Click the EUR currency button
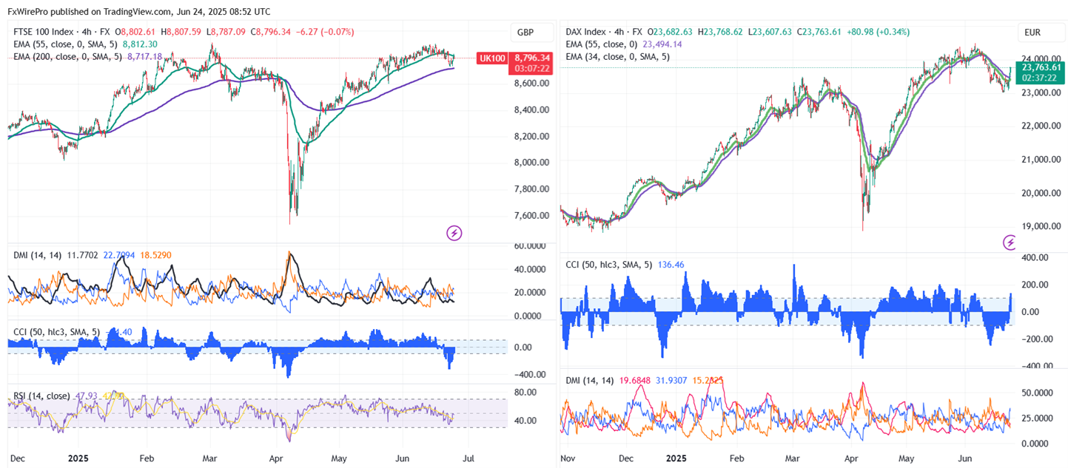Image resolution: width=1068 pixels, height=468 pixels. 1033,33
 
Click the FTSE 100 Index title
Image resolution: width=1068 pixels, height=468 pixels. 44,32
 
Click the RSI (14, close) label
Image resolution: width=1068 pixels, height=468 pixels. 41,396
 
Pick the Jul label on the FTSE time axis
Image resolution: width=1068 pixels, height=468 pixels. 468,458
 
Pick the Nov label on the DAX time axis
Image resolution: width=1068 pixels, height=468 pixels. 568,458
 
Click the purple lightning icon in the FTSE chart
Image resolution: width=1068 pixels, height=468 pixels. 454,234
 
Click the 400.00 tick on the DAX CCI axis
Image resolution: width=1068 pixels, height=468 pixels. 1039,257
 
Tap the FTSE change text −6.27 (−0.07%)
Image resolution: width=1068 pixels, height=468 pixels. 325,32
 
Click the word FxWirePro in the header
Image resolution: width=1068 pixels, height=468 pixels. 29,12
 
